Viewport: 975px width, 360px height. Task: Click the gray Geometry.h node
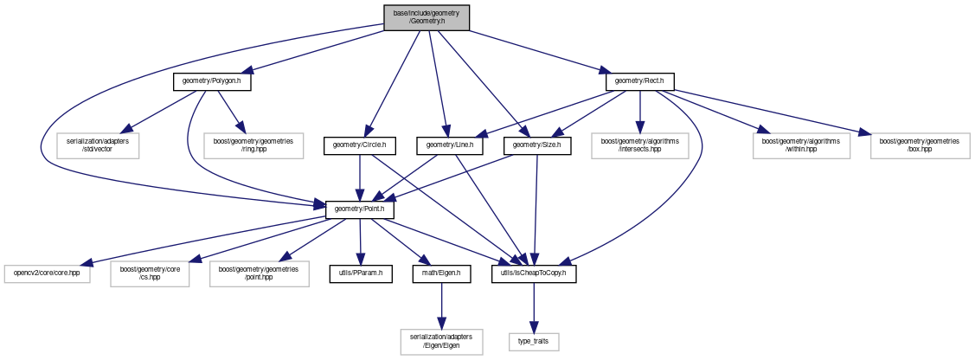(427, 18)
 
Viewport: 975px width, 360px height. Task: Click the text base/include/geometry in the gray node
(427, 13)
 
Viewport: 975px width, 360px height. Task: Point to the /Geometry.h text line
(427, 22)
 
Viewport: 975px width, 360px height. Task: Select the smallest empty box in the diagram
(534, 342)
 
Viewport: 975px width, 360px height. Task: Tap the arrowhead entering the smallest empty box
(534, 329)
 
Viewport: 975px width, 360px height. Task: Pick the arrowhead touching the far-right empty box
(863, 132)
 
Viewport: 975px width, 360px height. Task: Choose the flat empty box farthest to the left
(47, 274)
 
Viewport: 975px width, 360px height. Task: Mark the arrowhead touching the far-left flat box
(85, 263)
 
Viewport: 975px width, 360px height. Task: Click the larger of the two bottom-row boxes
(441, 342)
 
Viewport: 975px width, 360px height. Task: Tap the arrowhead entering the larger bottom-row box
(441, 325)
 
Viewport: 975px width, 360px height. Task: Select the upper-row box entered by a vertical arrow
(639, 146)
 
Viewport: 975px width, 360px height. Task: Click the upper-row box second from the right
(801, 146)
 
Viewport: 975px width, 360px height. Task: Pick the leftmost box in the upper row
(98, 146)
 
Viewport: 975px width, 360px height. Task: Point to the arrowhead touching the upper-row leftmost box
(126, 130)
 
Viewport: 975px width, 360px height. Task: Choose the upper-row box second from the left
(253, 146)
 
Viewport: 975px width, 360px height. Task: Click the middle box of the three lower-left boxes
(150, 273)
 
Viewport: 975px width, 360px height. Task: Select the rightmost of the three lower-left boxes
(259, 273)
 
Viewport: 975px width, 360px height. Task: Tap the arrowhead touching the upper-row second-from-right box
(762, 131)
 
